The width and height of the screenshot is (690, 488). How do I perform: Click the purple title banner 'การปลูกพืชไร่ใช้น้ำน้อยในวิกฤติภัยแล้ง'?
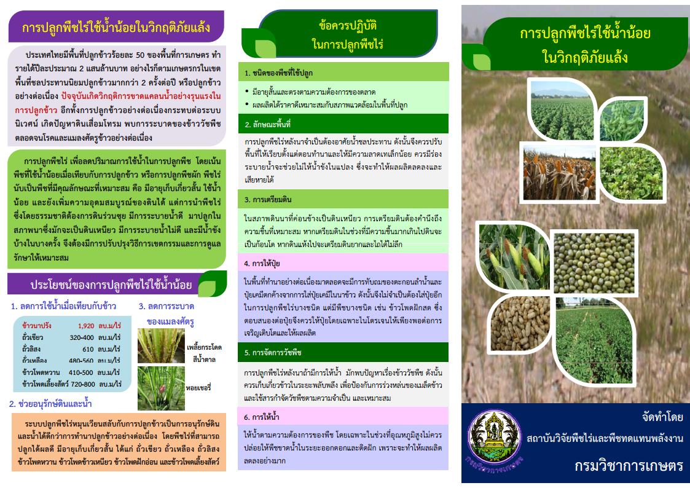(116, 27)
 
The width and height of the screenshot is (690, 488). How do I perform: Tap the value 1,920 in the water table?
(86, 326)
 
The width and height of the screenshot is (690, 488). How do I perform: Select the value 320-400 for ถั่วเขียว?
(81, 337)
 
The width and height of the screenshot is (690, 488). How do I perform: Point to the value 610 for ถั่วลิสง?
(88, 349)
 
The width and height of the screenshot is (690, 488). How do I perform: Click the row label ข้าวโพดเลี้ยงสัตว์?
(45, 384)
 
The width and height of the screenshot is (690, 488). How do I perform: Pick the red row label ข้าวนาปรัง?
(36, 326)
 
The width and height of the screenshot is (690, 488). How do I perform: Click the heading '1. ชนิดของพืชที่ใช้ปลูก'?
(278, 73)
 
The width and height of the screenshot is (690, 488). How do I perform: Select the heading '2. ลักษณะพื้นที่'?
(267, 124)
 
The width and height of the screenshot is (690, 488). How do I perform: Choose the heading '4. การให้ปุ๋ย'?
(262, 263)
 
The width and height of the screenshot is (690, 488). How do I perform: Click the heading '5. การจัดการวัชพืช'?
(272, 352)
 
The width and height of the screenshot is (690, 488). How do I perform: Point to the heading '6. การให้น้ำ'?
(261, 417)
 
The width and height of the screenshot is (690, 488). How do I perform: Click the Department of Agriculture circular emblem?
(495, 438)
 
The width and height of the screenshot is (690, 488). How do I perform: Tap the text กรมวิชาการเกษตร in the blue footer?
(629, 465)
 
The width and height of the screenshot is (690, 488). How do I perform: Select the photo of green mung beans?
(594, 262)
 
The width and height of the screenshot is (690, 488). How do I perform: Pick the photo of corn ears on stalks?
(513, 257)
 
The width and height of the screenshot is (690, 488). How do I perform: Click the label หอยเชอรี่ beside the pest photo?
(198, 388)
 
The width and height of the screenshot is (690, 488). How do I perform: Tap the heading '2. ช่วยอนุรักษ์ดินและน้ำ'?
(50, 404)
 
